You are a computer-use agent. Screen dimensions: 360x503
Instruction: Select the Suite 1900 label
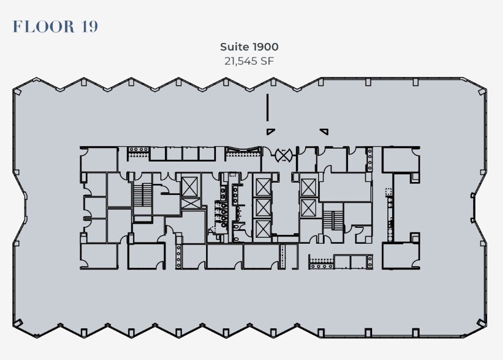coord(249,46)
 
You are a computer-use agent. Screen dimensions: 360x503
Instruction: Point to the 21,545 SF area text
coord(249,60)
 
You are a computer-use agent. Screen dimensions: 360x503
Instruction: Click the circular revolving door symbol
coord(283,155)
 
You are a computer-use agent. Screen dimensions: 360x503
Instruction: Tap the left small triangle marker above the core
coord(270,131)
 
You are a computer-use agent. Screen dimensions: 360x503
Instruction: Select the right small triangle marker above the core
coord(323,131)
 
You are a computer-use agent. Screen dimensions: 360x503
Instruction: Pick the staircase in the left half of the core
coord(142,196)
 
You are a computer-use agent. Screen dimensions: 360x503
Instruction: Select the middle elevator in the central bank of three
coord(262,207)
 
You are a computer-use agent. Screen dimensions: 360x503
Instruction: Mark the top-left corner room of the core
coord(99,159)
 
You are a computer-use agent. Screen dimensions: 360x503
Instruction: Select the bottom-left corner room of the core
coord(99,256)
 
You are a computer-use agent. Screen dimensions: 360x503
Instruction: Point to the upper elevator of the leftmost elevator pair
coord(190,187)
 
